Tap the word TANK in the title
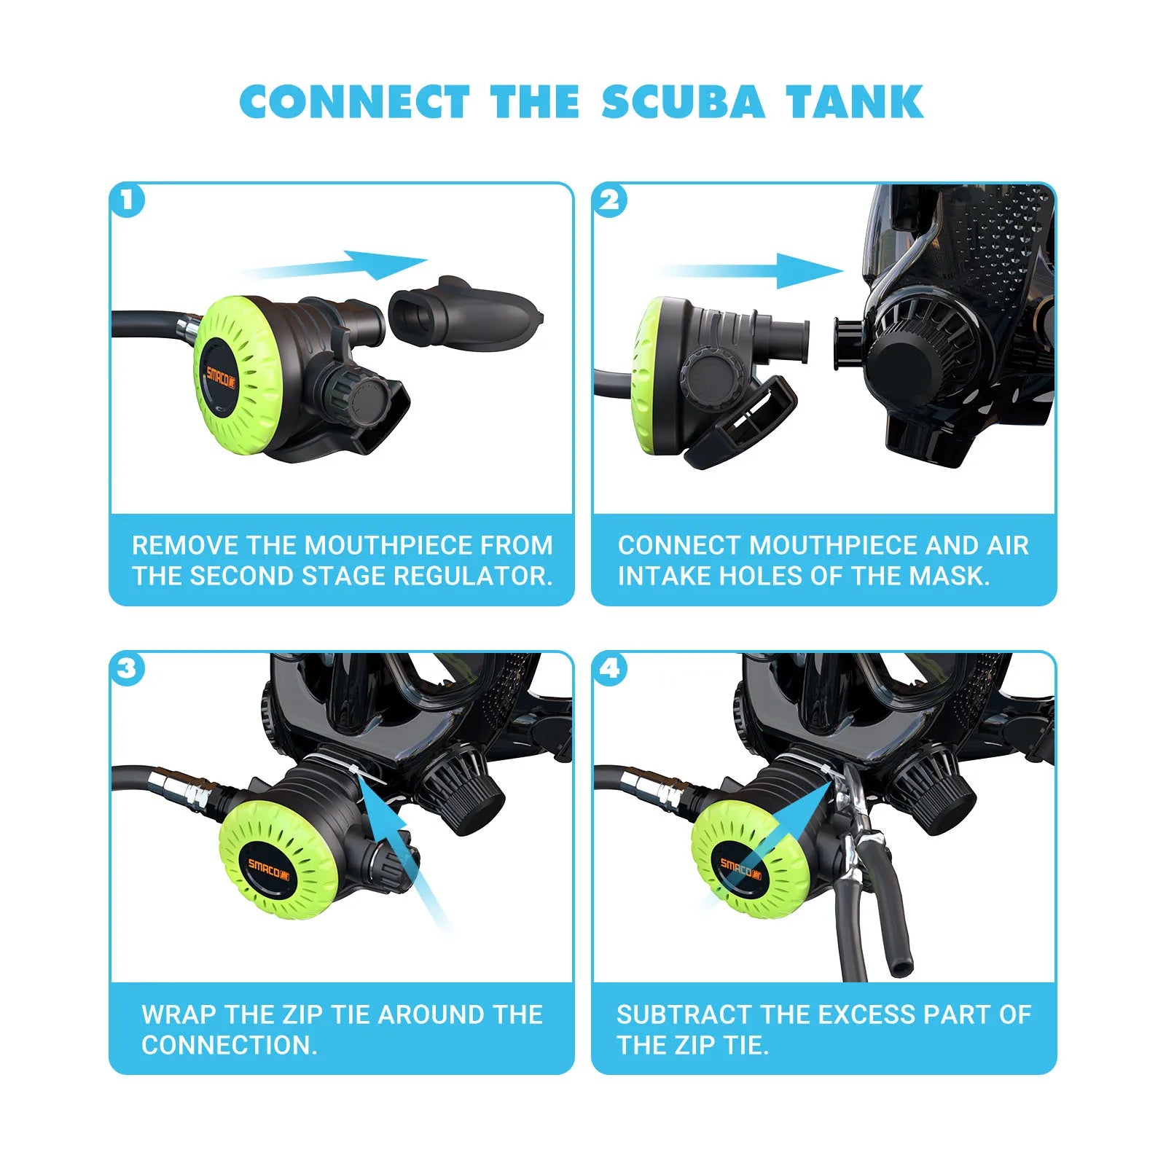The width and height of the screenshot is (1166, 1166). pos(854,102)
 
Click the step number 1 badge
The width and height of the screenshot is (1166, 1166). pos(128,200)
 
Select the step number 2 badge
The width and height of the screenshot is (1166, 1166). pos(611,200)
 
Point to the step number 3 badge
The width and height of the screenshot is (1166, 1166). pos(128,668)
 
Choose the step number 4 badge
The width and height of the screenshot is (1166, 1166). pos(611,668)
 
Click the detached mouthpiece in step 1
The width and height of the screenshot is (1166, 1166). pos(463,313)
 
